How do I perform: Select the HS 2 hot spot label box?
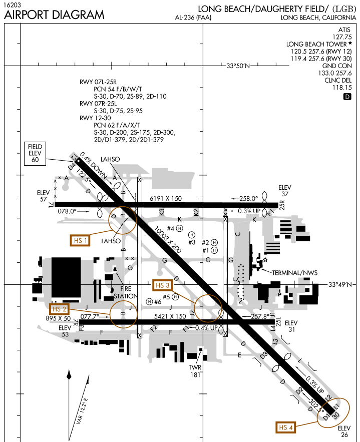[x=60, y=309]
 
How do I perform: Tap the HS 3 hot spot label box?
[x=163, y=285]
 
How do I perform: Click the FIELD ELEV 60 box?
[x=35, y=153]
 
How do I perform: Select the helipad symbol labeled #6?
[x=150, y=301]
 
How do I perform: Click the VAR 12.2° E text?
[x=82, y=411]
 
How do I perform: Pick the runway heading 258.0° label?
[x=248, y=198]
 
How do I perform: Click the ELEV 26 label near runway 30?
[x=345, y=431]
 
